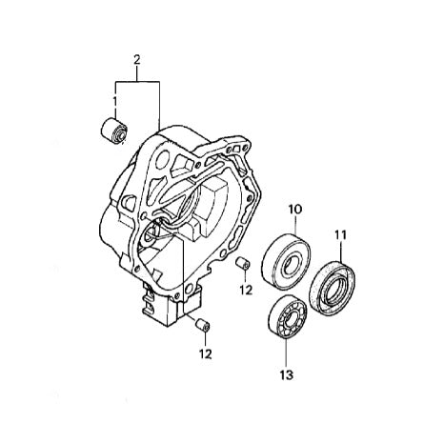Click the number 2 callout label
[x=136, y=60]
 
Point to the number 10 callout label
[x=295, y=209]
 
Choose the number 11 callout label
[x=341, y=233]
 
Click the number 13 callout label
[x=286, y=375]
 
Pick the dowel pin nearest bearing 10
[x=242, y=264]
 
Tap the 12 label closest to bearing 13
[x=246, y=290]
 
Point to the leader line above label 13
[x=286, y=352]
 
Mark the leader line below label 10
[x=295, y=226]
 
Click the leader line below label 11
[x=341, y=250]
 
